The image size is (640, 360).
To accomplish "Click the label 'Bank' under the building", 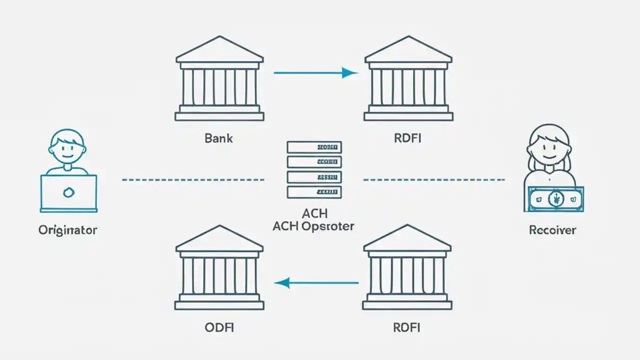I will (x=218, y=138).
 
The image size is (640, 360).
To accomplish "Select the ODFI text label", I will (x=219, y=327).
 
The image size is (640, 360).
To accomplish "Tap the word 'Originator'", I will (x=67, y=230).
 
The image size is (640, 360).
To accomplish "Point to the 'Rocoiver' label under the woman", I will (x=552, y=230).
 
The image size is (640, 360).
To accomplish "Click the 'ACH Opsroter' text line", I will (x=313, y=226).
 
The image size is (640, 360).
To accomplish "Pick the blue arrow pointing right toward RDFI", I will (x=315, y=73).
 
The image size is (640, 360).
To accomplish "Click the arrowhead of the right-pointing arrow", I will (x=350, y=73).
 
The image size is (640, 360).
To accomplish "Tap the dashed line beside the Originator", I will (x=193, y=179).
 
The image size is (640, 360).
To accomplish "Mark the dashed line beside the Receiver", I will (x=433, y=179).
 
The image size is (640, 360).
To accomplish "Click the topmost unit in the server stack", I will (x=314, y=147).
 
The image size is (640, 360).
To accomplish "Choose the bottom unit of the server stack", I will (x=314, y=191).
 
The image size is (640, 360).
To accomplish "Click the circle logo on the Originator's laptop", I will (x=68, y=191).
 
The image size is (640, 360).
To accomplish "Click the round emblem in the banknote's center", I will (x=555, y=199).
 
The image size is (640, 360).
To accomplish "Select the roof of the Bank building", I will (x=219, y=50).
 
